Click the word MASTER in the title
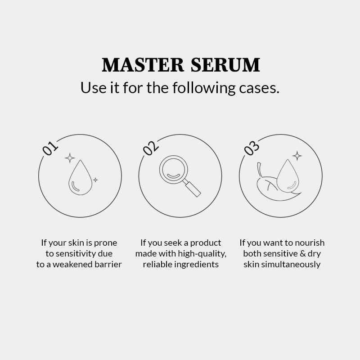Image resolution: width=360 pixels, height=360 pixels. tap(143, 65)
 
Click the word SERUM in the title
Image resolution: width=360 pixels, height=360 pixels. tap(225, 65)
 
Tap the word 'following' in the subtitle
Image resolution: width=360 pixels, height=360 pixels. tap(204, 88)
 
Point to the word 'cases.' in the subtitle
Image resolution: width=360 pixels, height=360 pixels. tap(259, 88)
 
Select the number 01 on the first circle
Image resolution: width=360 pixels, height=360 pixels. tap(50, 148)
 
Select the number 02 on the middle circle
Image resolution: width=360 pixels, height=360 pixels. tap(151, 148)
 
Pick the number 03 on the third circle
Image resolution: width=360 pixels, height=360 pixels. tap(252, 148)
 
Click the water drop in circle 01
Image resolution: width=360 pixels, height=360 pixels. tap(81, 177)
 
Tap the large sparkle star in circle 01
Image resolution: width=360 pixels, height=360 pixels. tap(70, 158)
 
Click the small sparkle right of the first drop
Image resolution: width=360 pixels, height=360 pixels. tap(95, 180)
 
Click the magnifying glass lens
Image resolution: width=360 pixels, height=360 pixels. tap(174, 170)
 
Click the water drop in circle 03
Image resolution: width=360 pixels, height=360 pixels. tap(288, 176)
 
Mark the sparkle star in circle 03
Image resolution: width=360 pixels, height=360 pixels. tap(297, 156)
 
